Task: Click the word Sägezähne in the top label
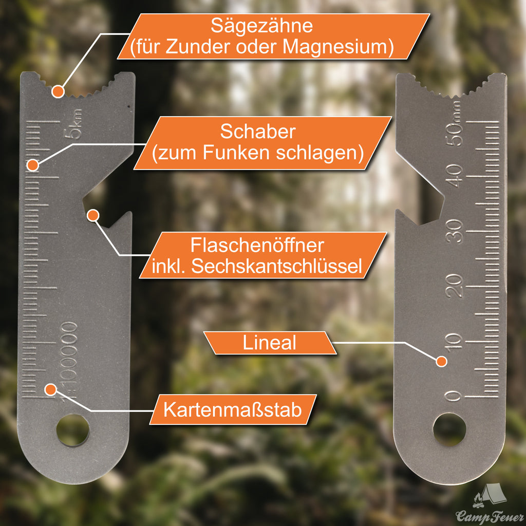pos(261,26)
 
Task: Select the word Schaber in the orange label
pos(258,131)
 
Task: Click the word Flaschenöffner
pos(257,245)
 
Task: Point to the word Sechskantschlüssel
pos(276,266)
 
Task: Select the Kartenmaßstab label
pos(233,409)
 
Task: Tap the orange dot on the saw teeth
pos(58,91)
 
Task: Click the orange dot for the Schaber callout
pos(32,165)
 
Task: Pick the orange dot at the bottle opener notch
pos(93,215)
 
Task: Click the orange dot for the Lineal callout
pos(441,361)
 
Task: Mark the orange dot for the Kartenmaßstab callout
pos(50,389)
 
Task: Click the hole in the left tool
pos(73,430)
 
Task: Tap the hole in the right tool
pos(449,430)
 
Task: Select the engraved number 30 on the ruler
pos(455,231)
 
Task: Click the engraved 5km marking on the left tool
pos(73,124)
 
